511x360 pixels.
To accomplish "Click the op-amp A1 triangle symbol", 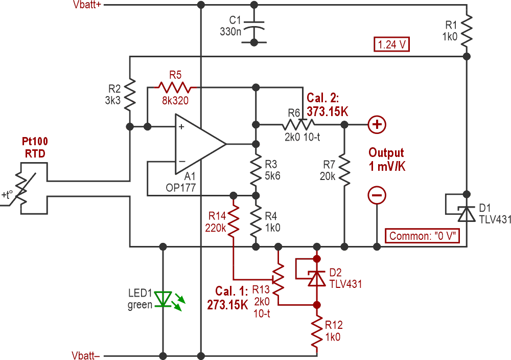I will pos(197,144).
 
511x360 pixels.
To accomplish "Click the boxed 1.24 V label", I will pos(392,44).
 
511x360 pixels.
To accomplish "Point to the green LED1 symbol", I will pos(164,299).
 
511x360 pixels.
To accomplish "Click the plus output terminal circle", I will pos(377,124).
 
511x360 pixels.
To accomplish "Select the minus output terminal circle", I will pos(377,195).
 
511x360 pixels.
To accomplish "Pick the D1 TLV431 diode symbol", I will pos(467,213).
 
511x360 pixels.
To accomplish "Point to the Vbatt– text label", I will pos(86,354).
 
